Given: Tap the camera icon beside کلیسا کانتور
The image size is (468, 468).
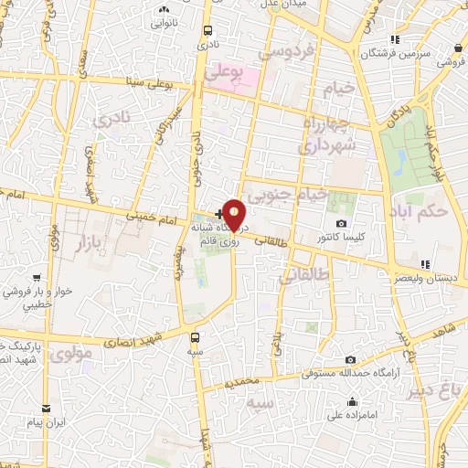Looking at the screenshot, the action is (x=341, y=224).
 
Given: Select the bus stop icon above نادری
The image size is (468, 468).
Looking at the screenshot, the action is (x=208, y=30).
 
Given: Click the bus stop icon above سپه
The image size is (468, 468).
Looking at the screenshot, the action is (x=195, y=335).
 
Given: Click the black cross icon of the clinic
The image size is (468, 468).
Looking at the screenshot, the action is (x=218, y=213).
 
